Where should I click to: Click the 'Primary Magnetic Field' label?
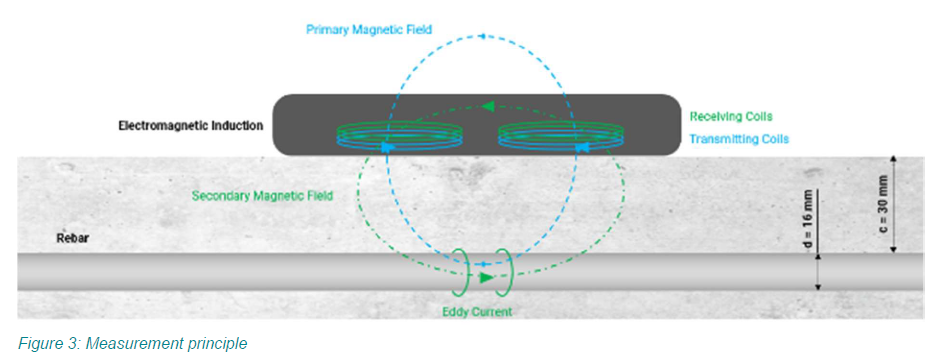click(369, 29)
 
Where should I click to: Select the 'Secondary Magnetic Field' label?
click(262, 196)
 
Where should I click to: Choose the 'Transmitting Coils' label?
click(739, 139)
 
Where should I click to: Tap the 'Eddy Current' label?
click(476, 312)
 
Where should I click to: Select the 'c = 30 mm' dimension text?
click(883, 205)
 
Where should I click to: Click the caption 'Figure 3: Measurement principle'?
click(133, 344)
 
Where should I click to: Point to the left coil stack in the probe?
click(398, 134)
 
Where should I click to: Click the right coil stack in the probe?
click(560, 134)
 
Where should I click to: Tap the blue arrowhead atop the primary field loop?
click(481, 36)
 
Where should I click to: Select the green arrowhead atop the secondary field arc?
click(489, 107)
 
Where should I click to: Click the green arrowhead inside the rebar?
click(487, 277)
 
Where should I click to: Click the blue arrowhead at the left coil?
click(387, 147)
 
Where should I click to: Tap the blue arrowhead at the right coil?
click(581, 147)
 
